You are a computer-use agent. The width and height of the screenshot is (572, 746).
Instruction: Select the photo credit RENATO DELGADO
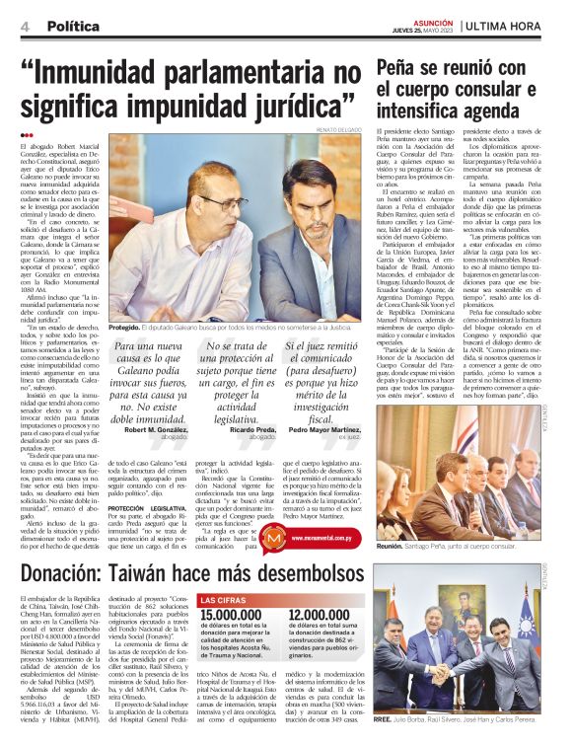click(x=335, y=129)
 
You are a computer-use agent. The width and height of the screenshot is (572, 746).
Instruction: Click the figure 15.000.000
click(x=232, y=616)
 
